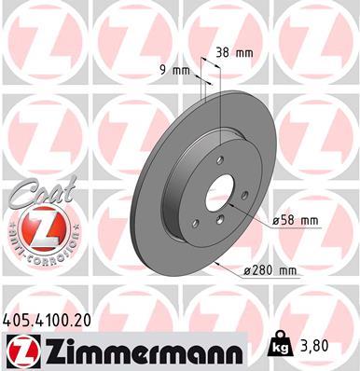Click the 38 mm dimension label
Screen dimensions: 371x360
(234, 52)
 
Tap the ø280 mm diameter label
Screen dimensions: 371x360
(268, 271)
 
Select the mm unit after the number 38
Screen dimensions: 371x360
(244, 52)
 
